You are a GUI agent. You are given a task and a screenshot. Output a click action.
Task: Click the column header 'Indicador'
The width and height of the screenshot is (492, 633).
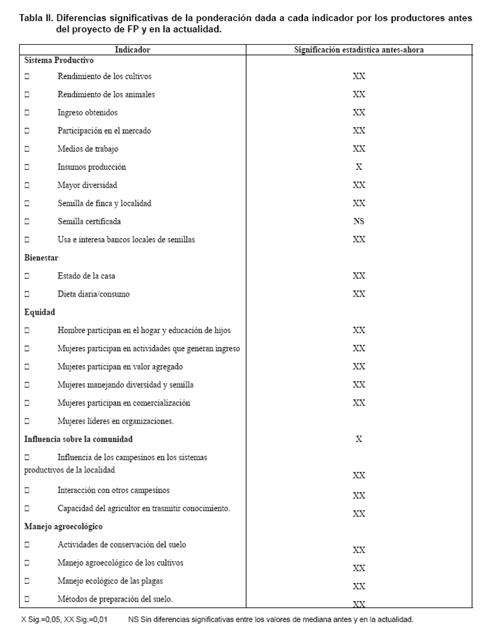click(133, 49)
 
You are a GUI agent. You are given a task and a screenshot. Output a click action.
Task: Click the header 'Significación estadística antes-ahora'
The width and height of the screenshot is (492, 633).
click(359, 49)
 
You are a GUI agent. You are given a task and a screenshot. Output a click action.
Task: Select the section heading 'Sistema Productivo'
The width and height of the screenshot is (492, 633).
click(59, 60)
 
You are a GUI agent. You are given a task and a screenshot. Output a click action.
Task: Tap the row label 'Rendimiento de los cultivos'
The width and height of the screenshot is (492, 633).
click(104, 76)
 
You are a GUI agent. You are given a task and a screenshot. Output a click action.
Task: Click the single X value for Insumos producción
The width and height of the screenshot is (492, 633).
click(359, 167)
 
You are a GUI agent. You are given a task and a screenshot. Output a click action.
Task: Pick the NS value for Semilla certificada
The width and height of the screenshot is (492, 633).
click(359, 222)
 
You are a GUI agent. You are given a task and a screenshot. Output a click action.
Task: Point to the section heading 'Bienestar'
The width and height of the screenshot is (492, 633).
click(41, 258)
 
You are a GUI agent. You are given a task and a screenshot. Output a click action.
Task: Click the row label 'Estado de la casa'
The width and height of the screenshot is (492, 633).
click(86, 276)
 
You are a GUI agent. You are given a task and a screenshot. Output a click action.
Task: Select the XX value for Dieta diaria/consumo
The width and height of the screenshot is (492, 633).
click(359, 294)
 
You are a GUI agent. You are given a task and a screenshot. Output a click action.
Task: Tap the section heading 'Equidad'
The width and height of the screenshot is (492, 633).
click(40, 312)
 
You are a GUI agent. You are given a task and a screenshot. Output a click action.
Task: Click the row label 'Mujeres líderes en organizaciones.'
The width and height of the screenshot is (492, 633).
click(115, 421)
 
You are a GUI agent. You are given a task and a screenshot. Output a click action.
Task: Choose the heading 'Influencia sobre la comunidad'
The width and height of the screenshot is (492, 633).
click(78, 440)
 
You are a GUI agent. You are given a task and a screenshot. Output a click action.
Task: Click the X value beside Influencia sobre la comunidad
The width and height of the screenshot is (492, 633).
click(359, 440)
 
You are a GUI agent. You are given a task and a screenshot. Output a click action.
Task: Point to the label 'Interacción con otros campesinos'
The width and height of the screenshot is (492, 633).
click(113, 490)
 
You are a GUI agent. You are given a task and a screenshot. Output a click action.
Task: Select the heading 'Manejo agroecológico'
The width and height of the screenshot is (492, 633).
click(63, 527)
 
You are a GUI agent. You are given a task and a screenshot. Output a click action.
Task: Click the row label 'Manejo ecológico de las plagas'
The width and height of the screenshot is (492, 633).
click(110, 581)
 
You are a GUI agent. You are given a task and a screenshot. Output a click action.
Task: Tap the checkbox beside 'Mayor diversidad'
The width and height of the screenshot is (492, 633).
click(27, 186)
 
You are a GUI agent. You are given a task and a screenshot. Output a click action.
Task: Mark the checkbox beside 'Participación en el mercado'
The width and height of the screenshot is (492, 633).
click(27, 131)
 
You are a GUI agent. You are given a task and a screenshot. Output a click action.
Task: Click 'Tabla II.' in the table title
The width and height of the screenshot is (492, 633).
click(36, 18)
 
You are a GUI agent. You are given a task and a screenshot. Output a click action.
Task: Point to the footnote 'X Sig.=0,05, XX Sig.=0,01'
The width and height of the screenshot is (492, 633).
click(65, 620)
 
